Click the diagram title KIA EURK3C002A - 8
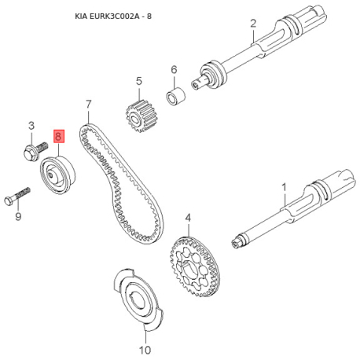113,17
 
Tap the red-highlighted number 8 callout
59,136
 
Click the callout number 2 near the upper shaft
253,24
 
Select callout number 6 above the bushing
174,69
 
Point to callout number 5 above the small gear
139,81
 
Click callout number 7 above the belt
89,105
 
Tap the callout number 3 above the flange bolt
31,126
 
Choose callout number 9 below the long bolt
18,217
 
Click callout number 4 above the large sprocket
188,218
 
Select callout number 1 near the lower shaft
284,188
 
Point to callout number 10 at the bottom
145,350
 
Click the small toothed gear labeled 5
139,116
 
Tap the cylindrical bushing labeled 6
176,97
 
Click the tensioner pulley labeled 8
58,175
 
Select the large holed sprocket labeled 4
195,266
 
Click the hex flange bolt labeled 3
35,151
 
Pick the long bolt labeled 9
17,197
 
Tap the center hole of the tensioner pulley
50,174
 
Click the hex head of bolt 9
9,201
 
